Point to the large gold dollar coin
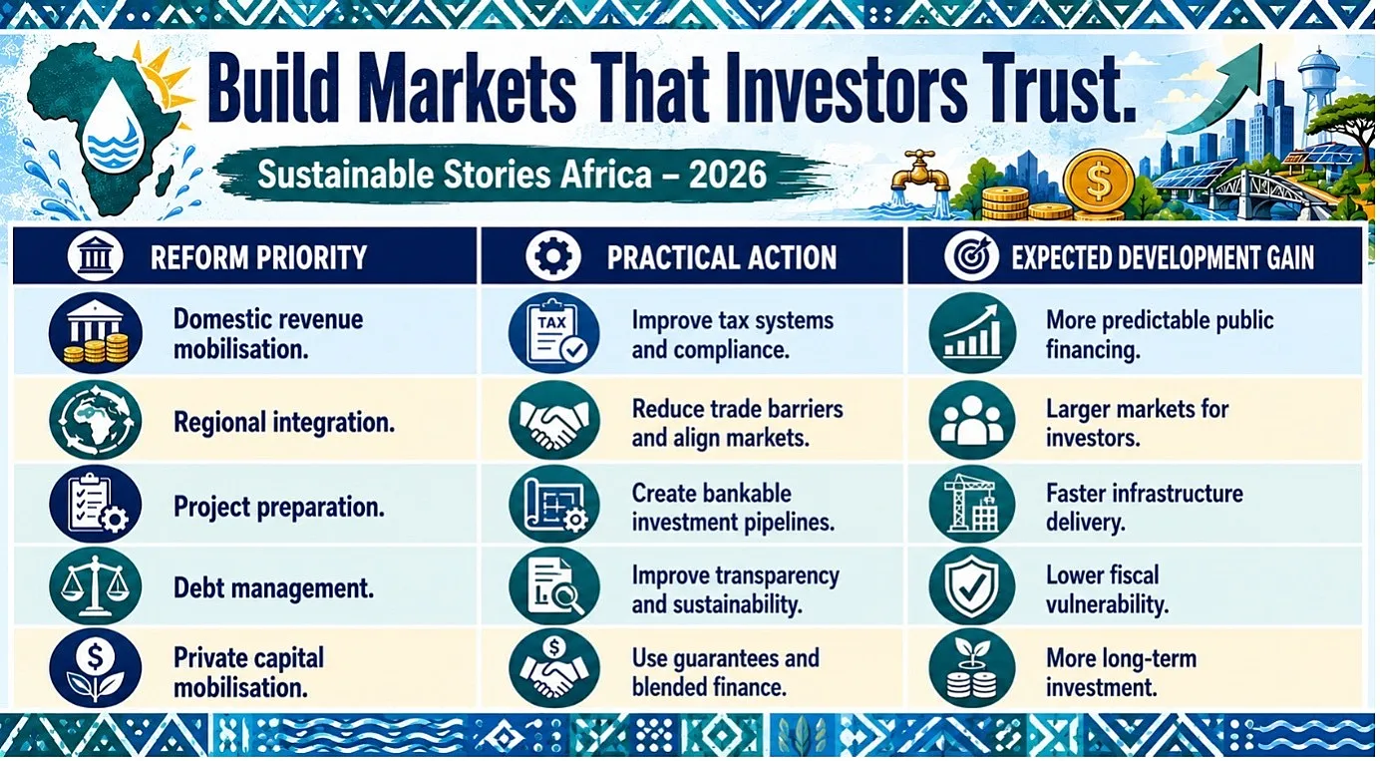(x=1098, y=182)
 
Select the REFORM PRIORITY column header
(x=258, y=257)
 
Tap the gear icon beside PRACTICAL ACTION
(x=552, y=255)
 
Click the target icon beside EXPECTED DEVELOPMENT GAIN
(x=971, y=255)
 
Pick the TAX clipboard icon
(x=553, y=333)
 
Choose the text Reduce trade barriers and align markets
(x=738, y=423)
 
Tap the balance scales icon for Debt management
(x=96, y=586)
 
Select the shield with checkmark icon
(x=972, y=586)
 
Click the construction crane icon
(x=972, y=504)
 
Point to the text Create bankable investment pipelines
(x=733, y=507)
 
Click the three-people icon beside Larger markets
(x=972, y=420)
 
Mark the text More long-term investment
(x=1121, y=672)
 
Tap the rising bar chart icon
(x=972, y=333)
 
